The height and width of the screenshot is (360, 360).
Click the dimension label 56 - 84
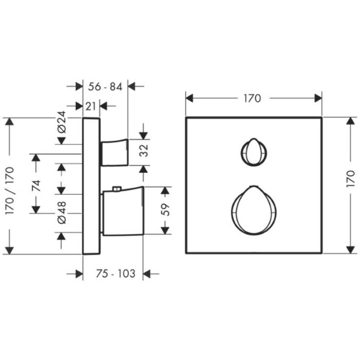[x=105, y=87]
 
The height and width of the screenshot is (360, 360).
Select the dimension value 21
[x=91, y=106]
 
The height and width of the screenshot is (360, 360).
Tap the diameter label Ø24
[x=62, y=122]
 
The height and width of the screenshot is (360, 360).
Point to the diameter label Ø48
[x=62, y=212]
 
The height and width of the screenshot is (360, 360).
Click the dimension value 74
[x=36, y=186]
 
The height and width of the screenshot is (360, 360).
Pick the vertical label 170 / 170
[x=10, y=191]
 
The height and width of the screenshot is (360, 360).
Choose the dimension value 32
[x=144, y=151]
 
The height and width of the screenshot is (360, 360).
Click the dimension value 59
[x=165, y=210]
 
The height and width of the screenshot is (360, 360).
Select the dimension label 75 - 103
[x=116, y=274]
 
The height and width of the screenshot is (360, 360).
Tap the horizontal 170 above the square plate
[x=253, y=99]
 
